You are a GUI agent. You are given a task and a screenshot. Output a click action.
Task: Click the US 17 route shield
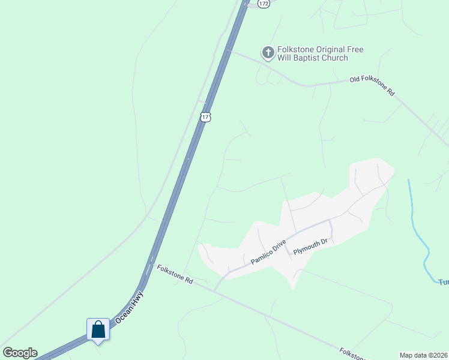point(205,116)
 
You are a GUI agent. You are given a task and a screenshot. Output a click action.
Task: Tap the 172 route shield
point(264,3)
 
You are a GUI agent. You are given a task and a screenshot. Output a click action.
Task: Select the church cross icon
point(268,53)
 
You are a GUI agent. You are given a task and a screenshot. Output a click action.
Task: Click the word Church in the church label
point(335,58)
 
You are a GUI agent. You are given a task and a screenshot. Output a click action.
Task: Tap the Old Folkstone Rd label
point(373,86)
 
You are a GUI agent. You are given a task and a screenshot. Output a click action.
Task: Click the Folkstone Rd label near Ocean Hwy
point(175,275)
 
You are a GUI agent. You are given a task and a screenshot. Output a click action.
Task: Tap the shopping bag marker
point(98,329)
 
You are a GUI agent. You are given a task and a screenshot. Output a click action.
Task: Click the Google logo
point(20,353)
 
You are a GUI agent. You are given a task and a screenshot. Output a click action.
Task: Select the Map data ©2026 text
point(423,355)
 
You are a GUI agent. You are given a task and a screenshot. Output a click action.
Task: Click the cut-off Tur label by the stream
point(443,282)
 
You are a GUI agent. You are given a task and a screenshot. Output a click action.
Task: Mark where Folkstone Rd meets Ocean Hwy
point(151,265)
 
